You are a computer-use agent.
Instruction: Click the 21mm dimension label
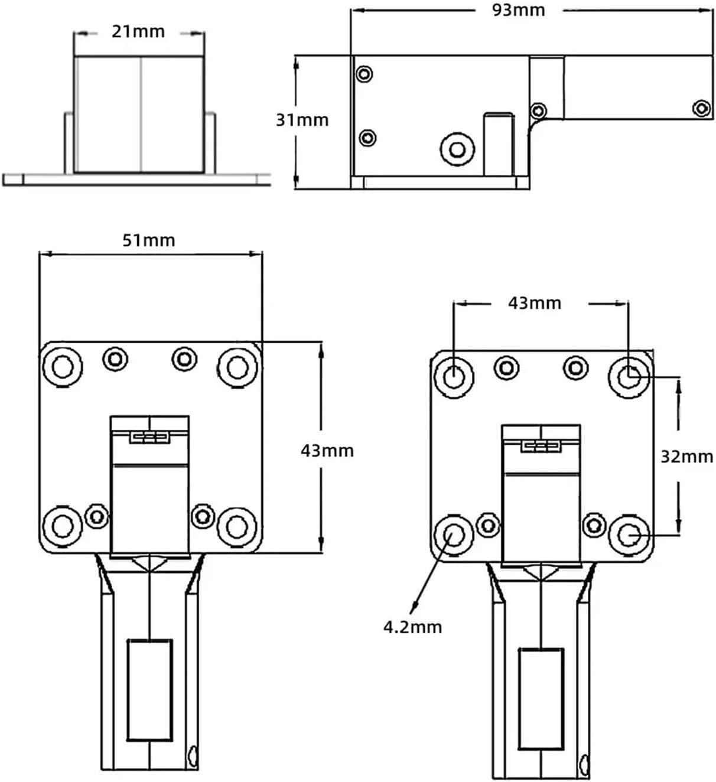tap(138, 31)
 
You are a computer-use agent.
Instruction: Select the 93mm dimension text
tap(518, 10)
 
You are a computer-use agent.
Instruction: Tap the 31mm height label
tap(302, 120)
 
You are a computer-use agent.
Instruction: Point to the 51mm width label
tap(149, 240)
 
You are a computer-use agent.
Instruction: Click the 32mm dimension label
tap(686, 457)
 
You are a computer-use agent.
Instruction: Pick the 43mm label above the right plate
tap(535, 303)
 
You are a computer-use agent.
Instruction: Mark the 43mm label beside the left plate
tap(327, 451)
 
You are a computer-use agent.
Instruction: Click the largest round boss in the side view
tap(457, 149)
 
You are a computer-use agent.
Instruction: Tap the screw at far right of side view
tap(701, 108)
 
